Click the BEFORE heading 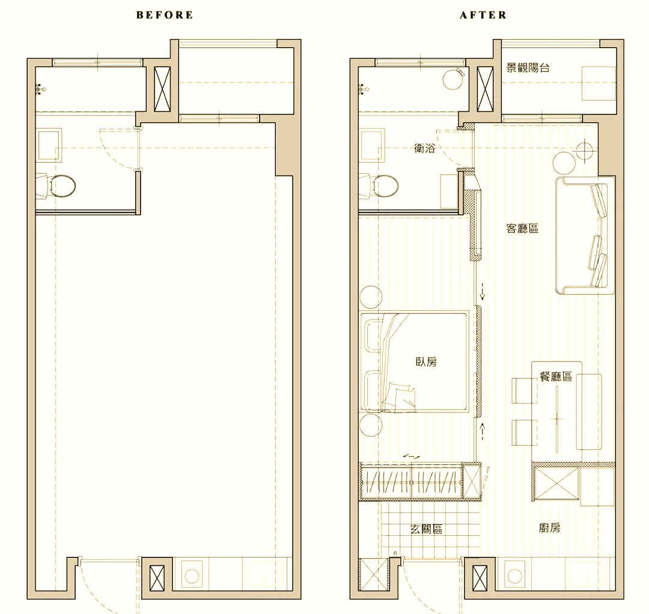165,15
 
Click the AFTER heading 483,15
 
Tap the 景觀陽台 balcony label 528,67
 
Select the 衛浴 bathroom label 425,148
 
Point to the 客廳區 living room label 522,229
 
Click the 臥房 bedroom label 426,361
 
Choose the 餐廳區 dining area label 556,376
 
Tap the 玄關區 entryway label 426,529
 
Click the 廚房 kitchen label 550,528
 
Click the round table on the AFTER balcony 454,79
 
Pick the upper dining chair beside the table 525,390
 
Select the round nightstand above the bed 371,297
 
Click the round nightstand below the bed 371,426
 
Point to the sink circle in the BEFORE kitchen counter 192,576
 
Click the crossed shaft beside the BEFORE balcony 162,89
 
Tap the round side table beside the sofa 564,163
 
